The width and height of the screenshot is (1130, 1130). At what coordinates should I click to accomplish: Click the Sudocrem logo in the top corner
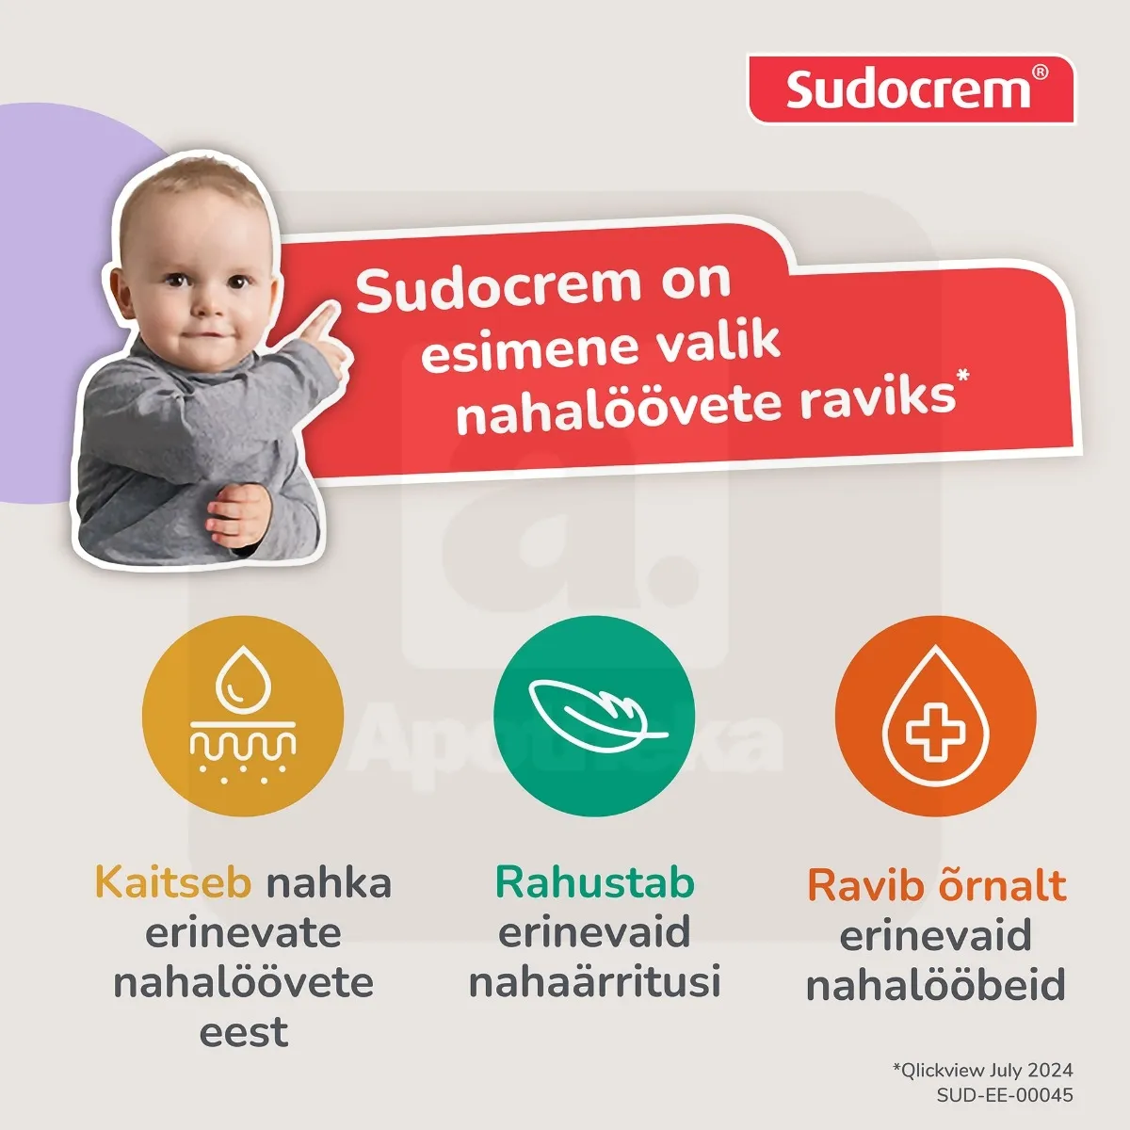click(910, 89)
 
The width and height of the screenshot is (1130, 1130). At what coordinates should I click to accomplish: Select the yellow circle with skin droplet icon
click(243, 716)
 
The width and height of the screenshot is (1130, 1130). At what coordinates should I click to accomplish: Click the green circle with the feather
click(594, 716)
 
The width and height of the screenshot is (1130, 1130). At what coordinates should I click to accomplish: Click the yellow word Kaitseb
click(173, 883)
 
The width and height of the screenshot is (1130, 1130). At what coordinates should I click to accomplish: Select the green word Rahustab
click(594, 883)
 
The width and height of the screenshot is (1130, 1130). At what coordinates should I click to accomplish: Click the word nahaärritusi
click(594, 981)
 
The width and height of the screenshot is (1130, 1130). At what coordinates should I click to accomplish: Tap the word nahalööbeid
click(935, 985)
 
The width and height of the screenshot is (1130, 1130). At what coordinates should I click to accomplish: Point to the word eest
click(243, 1032)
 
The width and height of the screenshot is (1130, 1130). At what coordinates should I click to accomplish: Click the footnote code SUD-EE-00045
click(1004, 1095)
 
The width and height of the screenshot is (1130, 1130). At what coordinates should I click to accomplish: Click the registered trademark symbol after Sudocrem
click(1039, 73)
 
